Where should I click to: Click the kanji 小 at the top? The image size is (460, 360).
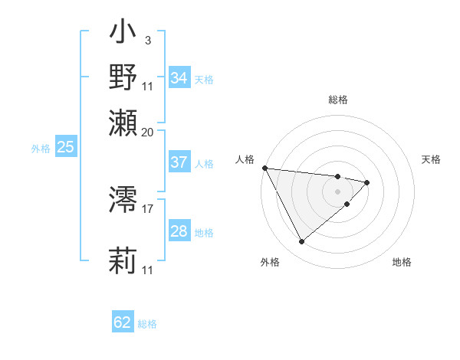click(123, 35)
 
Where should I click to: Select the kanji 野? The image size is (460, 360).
click(123, 77)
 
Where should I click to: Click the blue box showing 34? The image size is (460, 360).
click(179, 78)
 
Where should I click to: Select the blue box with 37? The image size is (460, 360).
click(179, 162)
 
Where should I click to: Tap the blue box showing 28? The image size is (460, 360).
click(179, 231)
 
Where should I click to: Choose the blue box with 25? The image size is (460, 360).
click(65, 147)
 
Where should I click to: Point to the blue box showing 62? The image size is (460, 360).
click(123, 322)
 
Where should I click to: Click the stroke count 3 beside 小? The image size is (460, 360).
click(147, 39)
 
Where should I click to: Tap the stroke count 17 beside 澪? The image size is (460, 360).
click(148, 208)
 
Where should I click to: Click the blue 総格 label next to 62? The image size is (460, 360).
click(147, 324)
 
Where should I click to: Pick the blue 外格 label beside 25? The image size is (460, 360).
click(41, 149)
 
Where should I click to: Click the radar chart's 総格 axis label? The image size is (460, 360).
click(337, 100)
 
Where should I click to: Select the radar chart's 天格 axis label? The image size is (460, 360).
click(431, 159)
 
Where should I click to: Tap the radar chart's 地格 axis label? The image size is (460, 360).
click(402, 262)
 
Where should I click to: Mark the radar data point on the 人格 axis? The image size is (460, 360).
click(264, 168)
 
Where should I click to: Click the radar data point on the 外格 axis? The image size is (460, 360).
click(301, 241)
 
